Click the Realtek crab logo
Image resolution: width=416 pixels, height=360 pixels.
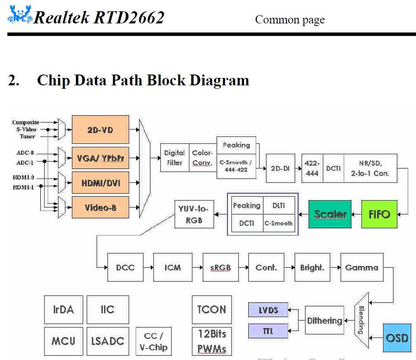pos(20,16)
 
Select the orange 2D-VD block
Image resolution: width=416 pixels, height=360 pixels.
pos(100,129)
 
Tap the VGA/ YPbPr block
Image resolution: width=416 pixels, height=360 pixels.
pos(100,158)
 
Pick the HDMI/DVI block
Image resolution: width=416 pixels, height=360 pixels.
pos(100,183)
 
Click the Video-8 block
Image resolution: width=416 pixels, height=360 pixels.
pos(100,208)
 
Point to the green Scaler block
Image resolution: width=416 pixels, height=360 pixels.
pos(330,214)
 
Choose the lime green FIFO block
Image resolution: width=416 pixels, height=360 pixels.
pos(379,214)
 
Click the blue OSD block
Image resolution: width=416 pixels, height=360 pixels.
pos(396,337)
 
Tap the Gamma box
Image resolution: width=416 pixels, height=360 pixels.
pos(361,268)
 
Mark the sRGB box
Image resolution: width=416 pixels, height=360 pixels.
pos(221,268)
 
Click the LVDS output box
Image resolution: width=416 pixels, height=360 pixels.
pos(268,310)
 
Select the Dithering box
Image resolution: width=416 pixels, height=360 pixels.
pos(324,321)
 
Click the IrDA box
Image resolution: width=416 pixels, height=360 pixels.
pos(63,310)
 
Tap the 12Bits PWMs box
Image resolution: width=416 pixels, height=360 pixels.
pos(211,341)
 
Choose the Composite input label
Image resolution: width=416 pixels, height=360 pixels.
pos(26,123)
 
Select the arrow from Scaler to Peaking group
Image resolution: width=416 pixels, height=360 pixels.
pos(303,214)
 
